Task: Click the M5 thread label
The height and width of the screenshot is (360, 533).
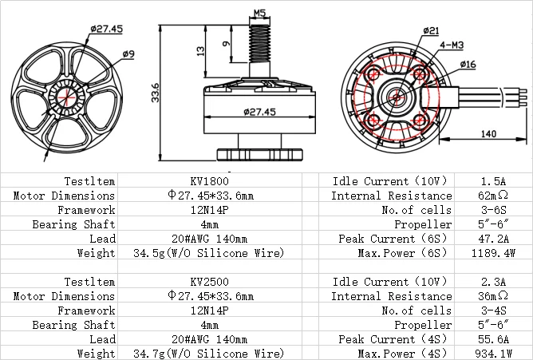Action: point(259,13)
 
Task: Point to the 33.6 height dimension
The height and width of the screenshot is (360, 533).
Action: point(155,93)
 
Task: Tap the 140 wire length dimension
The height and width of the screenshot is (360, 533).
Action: point(488,133)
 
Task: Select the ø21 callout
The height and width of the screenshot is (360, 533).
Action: point(431,30)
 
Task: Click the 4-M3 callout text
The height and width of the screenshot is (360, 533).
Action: point(452,45)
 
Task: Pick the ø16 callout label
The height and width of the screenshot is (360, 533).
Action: point(468,64)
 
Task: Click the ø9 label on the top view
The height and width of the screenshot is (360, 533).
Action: point(128,53)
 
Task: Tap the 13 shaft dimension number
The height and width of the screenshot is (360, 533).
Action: point(201,51)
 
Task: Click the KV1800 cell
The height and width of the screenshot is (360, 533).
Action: point(209,181)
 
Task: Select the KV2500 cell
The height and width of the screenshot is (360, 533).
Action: point(209,282)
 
